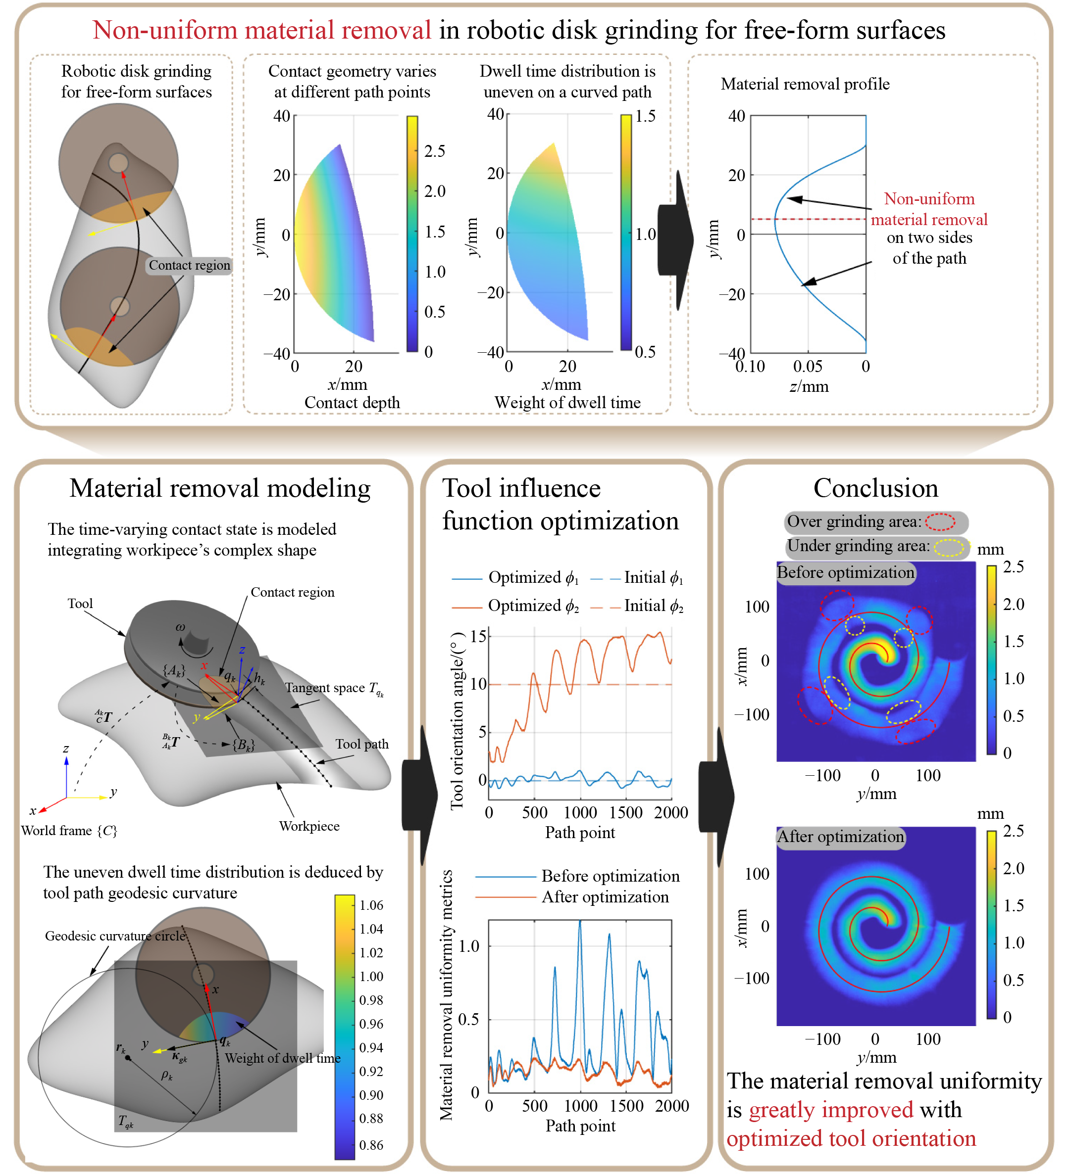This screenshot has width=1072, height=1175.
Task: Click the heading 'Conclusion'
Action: tap(875, 488)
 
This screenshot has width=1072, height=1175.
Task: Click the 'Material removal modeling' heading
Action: tap(220, 488)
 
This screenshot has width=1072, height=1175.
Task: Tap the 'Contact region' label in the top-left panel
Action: tap(190, 265)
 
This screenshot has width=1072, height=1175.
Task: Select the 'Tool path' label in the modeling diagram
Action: tap(361, 744)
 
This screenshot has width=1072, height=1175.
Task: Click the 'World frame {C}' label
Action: tap(69, 831)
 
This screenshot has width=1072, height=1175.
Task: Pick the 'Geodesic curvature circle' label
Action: tap(115, 936)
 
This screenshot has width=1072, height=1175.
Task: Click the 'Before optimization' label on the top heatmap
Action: tap(845, 572)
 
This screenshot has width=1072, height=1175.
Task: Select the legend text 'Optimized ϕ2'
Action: tap(533, 606)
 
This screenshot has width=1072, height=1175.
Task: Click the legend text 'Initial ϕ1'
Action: tap(653, 577)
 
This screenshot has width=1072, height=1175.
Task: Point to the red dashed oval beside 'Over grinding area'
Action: tap(940, 521)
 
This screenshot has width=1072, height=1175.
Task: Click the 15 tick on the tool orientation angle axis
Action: tap(478, 636)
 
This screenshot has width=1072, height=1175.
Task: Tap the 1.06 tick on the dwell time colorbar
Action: tap(371, 905)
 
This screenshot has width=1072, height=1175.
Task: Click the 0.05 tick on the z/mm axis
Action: tap(808, 367)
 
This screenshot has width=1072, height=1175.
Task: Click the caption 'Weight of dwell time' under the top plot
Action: tap(567, 403)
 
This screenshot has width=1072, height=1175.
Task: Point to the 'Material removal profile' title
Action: tap(805, 84)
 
